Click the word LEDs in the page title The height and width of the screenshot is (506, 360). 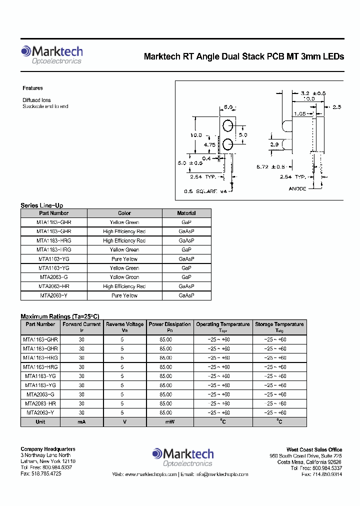tap(333, 56)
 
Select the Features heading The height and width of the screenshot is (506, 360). tap(32, 88)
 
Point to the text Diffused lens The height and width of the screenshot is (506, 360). tap(36, 100)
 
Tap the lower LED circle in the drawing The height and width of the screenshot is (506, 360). tap(228, 144)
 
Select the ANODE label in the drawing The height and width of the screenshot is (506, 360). tap(298, 189)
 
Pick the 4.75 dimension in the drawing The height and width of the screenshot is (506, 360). tap(209, 145)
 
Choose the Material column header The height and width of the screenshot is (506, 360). tap(186, 213)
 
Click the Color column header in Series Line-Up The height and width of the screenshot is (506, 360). tap(124, 213)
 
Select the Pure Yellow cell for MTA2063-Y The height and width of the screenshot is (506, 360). tap(124, 295)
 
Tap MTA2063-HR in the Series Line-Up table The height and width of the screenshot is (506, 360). tap(53, 286)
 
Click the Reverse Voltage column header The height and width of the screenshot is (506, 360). tap(124, 324)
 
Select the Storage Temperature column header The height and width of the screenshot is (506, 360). tap(279, 324)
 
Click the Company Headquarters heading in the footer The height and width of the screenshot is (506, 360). tap(48, 449)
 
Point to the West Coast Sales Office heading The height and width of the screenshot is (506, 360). tap(314, 449)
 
